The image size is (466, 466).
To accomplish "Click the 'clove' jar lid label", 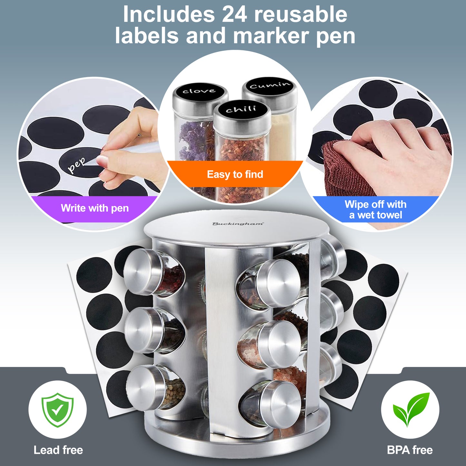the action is [x=199, y=91].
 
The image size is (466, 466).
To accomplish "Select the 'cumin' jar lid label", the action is [x=270, y=85].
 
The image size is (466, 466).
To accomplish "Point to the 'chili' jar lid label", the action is [x=241, y=110].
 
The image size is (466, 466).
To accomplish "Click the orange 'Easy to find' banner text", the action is [x=235, y=174].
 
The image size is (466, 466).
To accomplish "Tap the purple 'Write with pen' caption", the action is [x=94, y=208].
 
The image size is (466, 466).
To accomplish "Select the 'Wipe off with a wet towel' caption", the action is [x=376, y=209].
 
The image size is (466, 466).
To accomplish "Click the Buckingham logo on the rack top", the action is [x=238, y=224].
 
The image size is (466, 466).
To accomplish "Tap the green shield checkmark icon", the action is [x=57, y=410].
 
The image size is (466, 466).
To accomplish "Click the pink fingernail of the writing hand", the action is [x=102, y=160].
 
